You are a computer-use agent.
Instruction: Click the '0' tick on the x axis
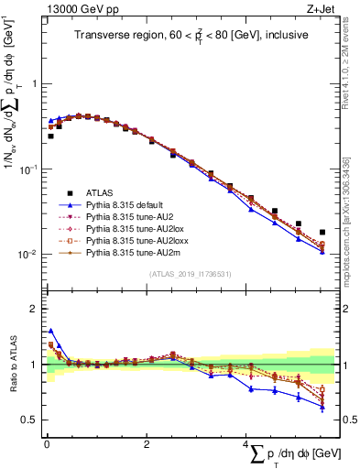tap(46, 444)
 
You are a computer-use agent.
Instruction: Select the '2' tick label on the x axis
tap(146, 444)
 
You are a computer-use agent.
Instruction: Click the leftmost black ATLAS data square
tap(50, 136)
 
